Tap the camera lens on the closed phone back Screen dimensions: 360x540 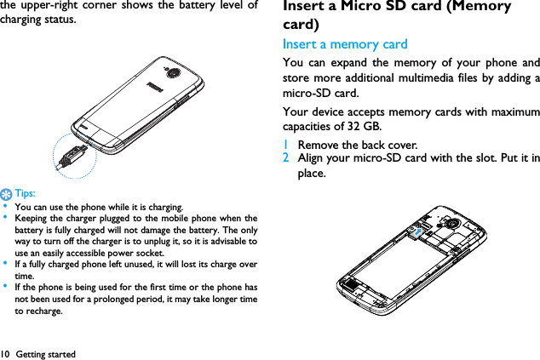tap(174, 73)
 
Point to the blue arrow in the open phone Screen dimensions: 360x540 tap(416, 231)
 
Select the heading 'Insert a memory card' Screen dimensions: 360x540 tap(345, 43)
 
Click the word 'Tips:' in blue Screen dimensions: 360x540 tap(23, 193)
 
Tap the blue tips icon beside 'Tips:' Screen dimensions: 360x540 tap(6, 193)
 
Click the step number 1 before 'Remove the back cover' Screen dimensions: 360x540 tap(286, 145)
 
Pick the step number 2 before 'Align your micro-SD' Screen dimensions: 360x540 tap(286, 158)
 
